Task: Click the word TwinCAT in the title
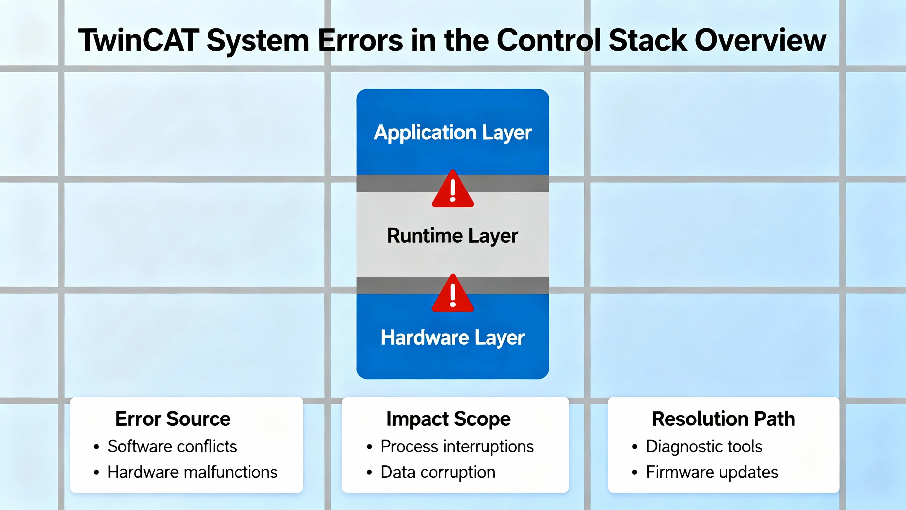(139, 40)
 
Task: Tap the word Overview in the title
(761, 40)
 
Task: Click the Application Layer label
(453, 133)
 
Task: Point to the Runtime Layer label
(453, 236)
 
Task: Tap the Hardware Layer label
(453, 338)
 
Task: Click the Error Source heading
(173, 419)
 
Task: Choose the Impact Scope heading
(448, 419)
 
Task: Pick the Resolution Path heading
(723, 419)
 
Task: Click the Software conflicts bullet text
(172, 446)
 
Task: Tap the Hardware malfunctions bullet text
(193, 472)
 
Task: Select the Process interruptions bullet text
(457, 446)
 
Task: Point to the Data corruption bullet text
(438, 472)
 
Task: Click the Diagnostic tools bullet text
(704, 446)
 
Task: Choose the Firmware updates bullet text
(712, 472)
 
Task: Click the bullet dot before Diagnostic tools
(635, 447)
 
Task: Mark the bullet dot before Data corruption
(369, 473)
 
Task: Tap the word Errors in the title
(360, 40)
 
